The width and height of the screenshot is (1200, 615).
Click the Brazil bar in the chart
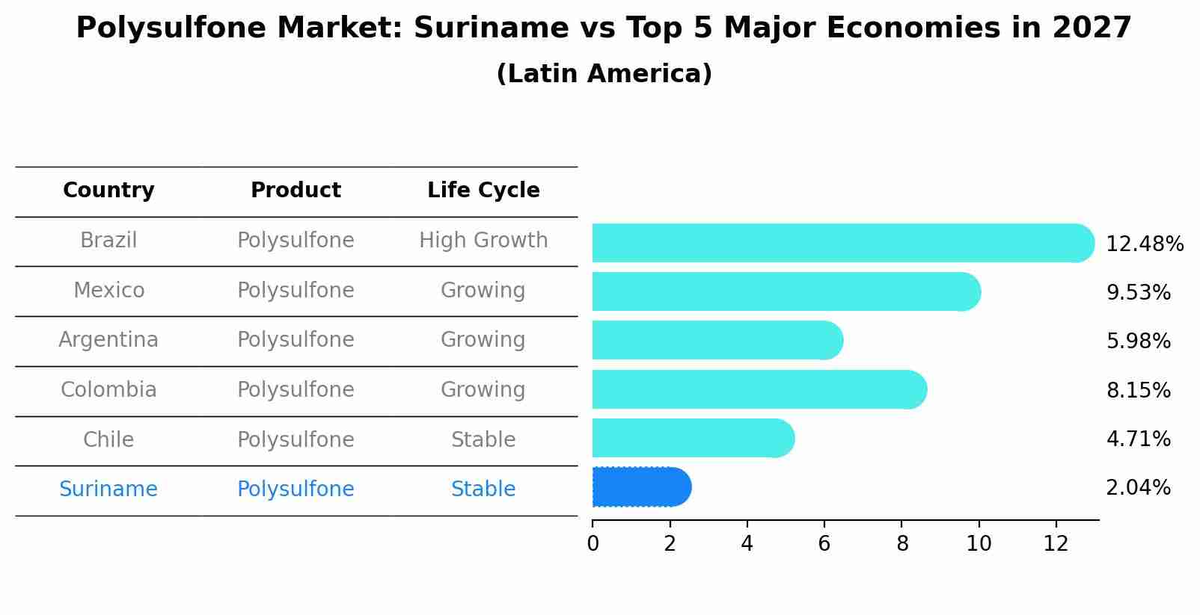[842, 243]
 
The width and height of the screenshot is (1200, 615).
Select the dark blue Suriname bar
[640, 487]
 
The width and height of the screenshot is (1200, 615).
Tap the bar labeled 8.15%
[759, 389]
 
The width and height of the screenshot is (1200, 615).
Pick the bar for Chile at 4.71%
[692, 438]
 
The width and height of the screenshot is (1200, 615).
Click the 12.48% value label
[1144, 244]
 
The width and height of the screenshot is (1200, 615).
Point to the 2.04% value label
[1137, 488]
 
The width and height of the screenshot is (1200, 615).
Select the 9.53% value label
[1138, 293]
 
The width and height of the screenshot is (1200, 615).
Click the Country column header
[108, 191]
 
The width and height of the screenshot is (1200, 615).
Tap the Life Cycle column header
[483, 191]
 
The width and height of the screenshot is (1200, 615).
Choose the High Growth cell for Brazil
[483, 241]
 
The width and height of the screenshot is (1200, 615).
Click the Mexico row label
[108, 290]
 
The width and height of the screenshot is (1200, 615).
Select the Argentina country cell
[108, 340]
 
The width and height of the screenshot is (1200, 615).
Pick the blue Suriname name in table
[108, 489]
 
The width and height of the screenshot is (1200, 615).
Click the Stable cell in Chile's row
[483, 440]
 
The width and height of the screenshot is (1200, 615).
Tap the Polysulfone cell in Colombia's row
[296, 390]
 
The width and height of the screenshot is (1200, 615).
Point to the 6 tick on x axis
[824, 544]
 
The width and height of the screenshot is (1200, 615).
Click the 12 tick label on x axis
[1056, 544]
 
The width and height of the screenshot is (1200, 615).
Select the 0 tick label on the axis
[593, 544]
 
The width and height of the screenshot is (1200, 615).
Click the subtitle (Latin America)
[604, 74]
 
